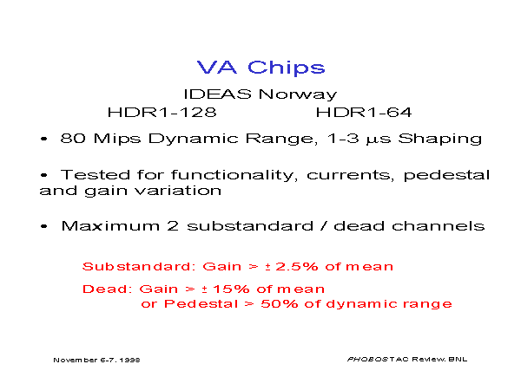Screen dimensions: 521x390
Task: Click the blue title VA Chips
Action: tap(260, 68)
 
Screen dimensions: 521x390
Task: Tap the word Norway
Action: tap(298, 95)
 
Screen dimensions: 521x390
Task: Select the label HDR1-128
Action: tap(162, 113)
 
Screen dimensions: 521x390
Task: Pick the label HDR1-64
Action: tap(364, 113)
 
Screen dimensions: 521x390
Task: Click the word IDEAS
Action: tap(218, 94)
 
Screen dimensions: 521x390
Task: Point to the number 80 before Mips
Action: tap(73, 139)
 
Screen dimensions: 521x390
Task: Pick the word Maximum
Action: tap(110, 226)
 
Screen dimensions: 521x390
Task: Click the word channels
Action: tap(438, 226)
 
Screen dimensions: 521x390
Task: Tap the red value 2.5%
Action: tap(297, 267)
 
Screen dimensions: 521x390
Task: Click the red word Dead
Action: tap(105, 289)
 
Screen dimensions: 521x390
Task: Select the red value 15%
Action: tap(231, 289)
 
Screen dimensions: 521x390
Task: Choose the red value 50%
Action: tap(280, 304)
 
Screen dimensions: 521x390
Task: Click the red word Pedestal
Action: tap(201, 304)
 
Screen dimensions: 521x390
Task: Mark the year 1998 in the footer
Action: tap(129, 361)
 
